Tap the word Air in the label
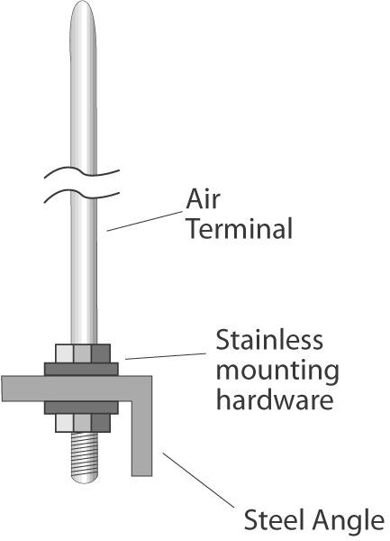tap(203, 199)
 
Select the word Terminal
tap(240, 228)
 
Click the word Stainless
tap(269, 340)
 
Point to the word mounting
tap(277, 371)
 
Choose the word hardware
tap(275, 399)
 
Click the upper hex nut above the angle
tap(83, 353)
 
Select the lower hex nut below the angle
tap(83, 423)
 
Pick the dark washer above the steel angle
tap(81, 369)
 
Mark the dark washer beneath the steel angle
tap(81, 408)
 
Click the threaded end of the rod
tap(84, 457)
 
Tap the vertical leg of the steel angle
tap(141, 438)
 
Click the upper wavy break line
tap(82, 171)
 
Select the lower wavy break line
tap(82, 194)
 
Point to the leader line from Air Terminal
tap(144, 221)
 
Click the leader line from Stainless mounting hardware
tap(166, 356)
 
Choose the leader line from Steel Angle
tap(198, 481)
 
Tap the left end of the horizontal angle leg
tap(2, 389)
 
